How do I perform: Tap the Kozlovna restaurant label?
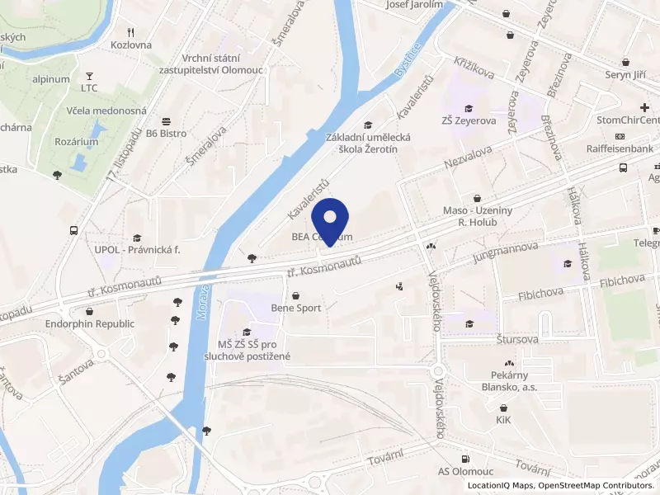pyautogui.click(x=131, y=45)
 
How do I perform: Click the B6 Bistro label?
pyautogui.click(x=167, y=132)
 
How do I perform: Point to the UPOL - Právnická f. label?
pyautogui.click(x=136, y=249)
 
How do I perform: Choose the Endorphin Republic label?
pyautogui.click(x=89, y=324)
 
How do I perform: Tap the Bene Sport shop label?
pyautogui.click(x=295, y=308)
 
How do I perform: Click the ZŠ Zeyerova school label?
pyautogui.click(x=469, y=121)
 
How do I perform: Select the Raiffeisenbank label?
pyautogui.click(x=620, y=148)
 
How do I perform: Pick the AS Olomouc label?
pyautogui.click(x=466, y=472)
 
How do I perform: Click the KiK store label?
pyautogui.click(x=503, y=420)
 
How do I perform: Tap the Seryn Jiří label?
pyautogui.click(x=626, y=74)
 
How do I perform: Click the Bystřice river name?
pyautogui.click(x=407, y=60)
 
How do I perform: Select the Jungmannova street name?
pyautogui.click(x=506, y=253)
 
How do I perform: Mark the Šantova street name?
pyautogui.click(x=12, y=381)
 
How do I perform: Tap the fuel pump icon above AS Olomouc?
pyautogui.click(x=466, y=459)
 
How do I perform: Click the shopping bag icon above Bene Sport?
pyautogui.click(x=295, y=295)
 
